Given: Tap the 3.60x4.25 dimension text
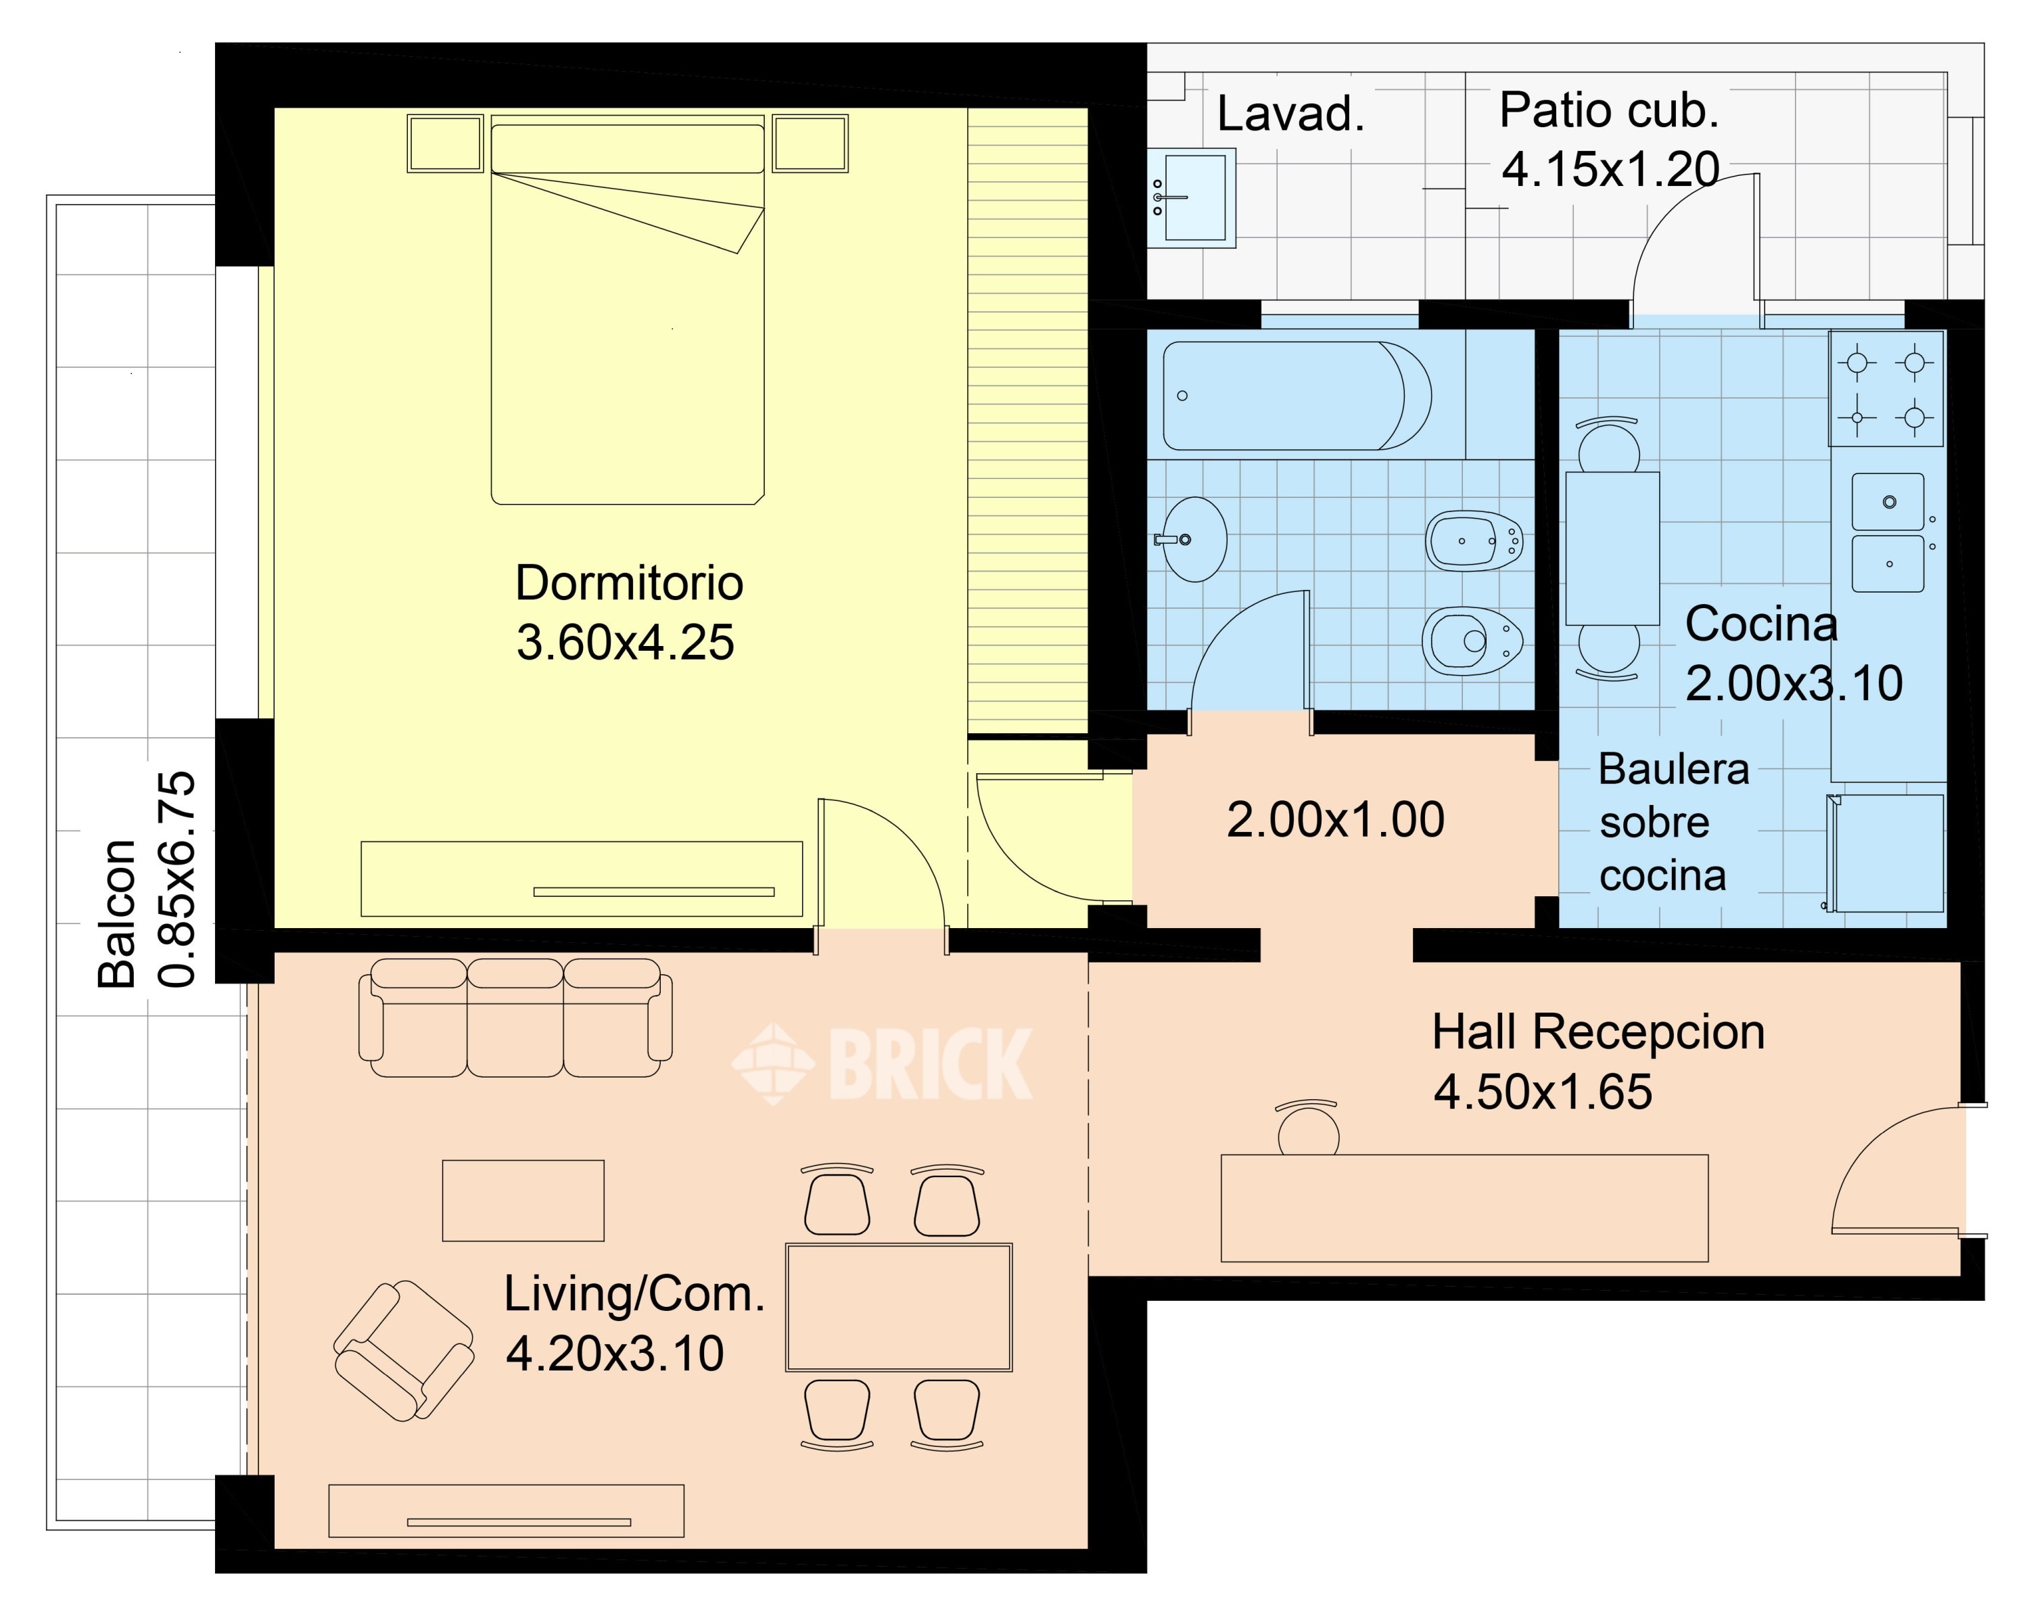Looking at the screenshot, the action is (x=625, y=643).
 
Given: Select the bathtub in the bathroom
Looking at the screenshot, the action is (x=1297, y=395).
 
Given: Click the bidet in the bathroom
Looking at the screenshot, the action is (x=1474, y=541).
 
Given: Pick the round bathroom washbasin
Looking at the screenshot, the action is (x=1193, y=539).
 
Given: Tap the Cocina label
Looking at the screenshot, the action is (x=1760, y=623).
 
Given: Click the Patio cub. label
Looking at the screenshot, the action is (x=1609, y=111).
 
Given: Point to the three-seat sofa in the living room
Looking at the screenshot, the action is (x=516, y=1017).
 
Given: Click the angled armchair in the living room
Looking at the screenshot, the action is (x=404, y=1351).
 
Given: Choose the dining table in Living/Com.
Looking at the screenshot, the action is (x=899, y=1308).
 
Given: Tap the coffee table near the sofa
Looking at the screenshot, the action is (x=523, y=1201).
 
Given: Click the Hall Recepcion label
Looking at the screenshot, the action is (x=1598, y=1032).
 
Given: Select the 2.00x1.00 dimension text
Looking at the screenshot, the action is (x=1335, y=820).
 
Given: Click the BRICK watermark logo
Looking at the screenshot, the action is (x=883, y=1063).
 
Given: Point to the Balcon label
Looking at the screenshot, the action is (x=118, y=913).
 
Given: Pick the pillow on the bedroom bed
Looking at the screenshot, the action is (x=628, y=149).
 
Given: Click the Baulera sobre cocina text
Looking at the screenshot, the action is (x=1673, y=823).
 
